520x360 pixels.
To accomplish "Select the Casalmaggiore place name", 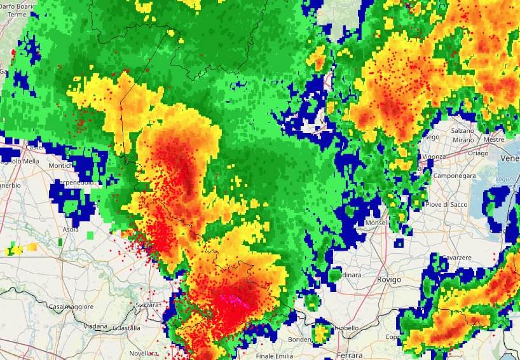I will pyautogui.click(x=71, y=307).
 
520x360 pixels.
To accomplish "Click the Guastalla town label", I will pyautogui.click(x=125, y=328).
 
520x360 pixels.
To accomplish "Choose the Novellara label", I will pyautogui.click(x=142, y=353).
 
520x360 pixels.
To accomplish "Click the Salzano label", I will pyautogui.click(x=462, y=130).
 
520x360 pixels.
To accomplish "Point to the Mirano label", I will pyautogui.click(x=463, y=139).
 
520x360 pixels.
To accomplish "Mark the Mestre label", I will pyautogui.click(x=493, y=139).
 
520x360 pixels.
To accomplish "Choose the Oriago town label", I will pyautogui.click(x=477, y=153).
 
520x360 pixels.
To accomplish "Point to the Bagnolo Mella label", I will pyautogui.click(x=16, y=161).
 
